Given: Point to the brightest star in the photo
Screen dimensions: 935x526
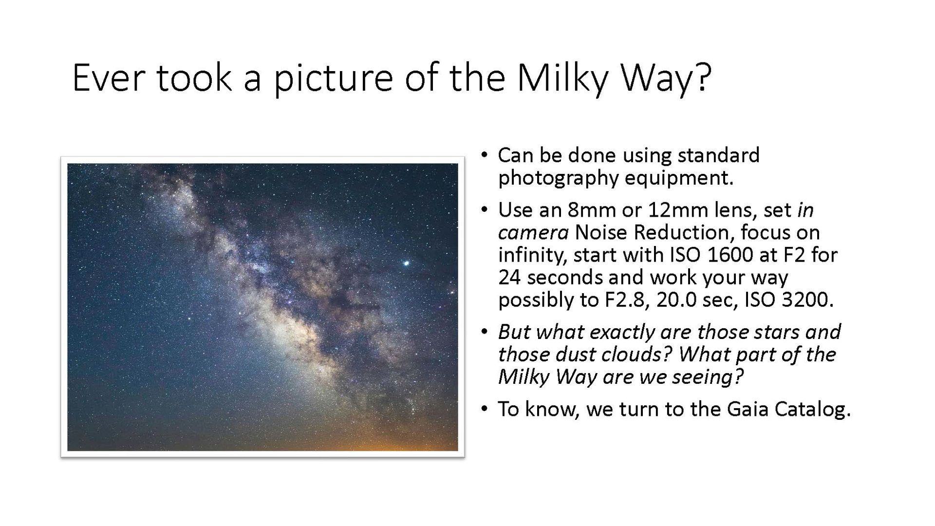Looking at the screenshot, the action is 406,263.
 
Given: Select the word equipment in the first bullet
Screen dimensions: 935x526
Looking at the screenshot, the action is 679,178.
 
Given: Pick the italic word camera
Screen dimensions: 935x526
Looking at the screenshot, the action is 533,233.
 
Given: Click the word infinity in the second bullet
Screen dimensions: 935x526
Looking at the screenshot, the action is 531,255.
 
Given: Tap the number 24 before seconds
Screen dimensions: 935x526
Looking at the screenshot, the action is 510,278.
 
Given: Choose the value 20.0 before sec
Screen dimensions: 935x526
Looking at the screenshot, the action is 677,300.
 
